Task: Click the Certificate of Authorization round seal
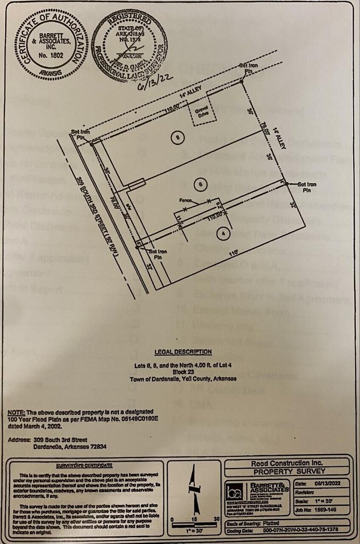coord(51,45)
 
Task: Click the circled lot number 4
coord(224,232)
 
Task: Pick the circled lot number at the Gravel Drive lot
coord(177,137)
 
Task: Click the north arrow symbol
coord(194,486)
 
